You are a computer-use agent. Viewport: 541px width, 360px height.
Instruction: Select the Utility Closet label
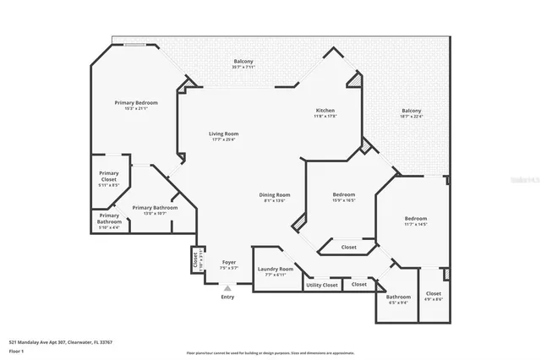tap(321, 285)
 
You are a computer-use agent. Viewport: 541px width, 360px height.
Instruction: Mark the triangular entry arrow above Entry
tap(227, 288)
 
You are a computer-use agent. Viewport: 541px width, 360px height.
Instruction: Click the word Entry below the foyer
tap(227, 297)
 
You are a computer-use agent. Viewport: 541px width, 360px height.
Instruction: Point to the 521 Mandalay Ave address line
tap(60, 342)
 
